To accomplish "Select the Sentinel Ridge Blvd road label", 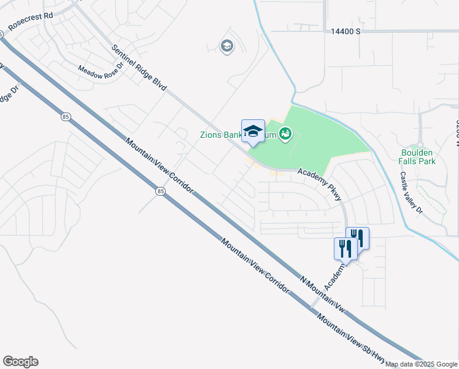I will [x=139, y=68].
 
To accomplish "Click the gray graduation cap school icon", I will [x=227, y=46].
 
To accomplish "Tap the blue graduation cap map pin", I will [x=253, y=132].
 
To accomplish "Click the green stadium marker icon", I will [x=285, y=133].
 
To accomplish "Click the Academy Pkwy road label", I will [x=320, y=184].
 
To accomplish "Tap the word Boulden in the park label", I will [x=417, y=153].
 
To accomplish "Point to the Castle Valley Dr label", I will [x=412, y=192].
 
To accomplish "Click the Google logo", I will [x=20, y=362].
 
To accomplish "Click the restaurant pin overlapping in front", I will [x=345, y=249].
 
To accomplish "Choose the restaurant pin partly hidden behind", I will [x=360, y=236].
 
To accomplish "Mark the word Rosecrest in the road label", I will [x=20, y=25].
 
